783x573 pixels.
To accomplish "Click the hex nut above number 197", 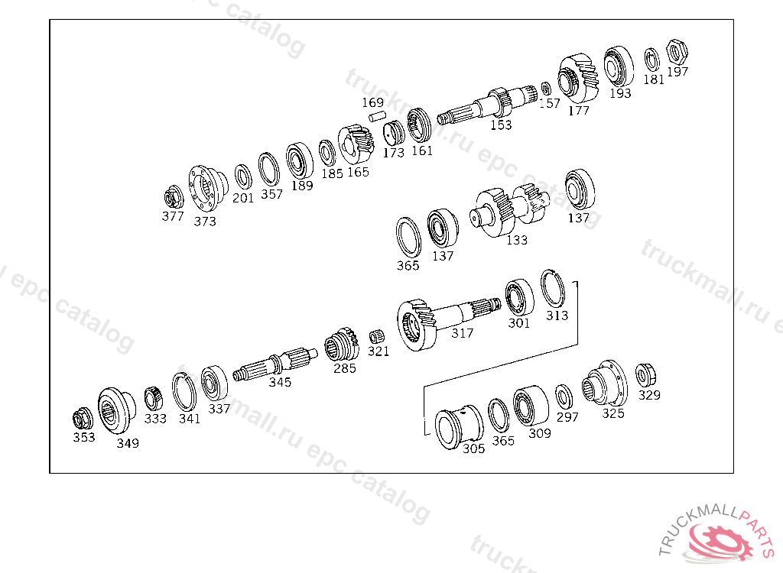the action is (677, 52).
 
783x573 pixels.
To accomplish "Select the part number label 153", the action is (501, 125).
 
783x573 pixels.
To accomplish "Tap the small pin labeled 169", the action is (378, 117).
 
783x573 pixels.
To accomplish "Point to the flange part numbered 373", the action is (207, 188).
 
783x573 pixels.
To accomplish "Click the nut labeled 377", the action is (174, 198).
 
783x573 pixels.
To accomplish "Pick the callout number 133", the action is (517, 240).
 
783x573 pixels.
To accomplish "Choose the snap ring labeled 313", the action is (553, 289).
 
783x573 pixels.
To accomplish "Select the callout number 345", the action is (280, 382).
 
